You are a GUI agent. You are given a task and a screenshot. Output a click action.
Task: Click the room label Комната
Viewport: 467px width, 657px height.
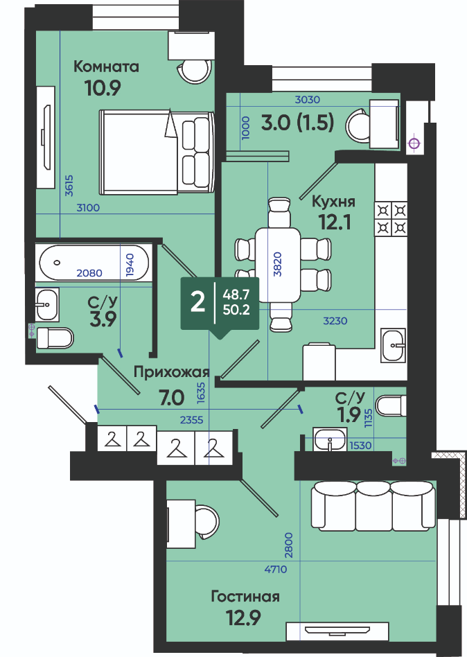click(106, 67)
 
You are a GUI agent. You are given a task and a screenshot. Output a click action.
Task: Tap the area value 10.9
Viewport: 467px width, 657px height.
click(103, 88)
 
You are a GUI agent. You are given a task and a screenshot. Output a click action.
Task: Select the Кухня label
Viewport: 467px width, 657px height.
click(334, 202)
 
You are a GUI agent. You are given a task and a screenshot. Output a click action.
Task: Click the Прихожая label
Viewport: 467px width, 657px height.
click(171, 372)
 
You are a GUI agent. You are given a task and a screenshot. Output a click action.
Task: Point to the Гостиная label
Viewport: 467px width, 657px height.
click(245, 596)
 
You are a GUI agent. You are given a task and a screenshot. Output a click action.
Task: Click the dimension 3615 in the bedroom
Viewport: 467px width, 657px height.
click(69, 185)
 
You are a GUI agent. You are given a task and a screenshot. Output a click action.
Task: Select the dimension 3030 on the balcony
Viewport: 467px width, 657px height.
click(308, 100)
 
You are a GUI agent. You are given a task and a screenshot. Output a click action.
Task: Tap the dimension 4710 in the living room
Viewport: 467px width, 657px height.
click(276, 569)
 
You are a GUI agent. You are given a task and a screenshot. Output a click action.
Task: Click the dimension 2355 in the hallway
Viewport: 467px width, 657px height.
click(191, 419)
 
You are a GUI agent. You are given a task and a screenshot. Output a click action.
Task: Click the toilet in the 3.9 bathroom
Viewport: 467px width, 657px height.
click(55, 338)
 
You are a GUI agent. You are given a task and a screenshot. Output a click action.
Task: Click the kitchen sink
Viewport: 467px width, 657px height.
click(393, 345)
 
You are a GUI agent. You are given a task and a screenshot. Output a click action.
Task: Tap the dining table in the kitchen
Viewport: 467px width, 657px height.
click(278, 265)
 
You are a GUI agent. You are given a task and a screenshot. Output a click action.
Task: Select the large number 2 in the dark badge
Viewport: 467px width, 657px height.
click(197, 302)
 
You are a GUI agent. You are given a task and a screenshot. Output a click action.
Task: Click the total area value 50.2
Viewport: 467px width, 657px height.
click(236, 310)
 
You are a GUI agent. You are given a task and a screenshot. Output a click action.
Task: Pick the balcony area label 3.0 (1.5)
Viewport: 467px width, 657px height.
click(297, 123)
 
